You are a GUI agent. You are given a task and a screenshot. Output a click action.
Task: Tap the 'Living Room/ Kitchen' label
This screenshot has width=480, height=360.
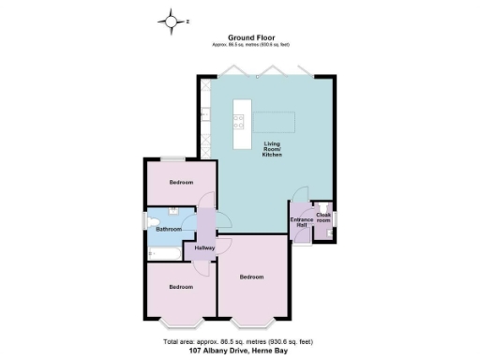[x=272, y=148]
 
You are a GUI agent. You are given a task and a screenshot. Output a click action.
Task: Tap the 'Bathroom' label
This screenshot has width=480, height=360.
[x=169, y=229]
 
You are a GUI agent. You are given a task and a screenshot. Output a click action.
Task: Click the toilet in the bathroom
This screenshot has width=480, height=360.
[x=153, y=221]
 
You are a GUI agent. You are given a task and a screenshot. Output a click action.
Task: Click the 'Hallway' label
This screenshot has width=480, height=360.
[x=204, y=248]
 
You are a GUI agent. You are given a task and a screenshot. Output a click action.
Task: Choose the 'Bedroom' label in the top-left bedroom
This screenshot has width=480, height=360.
[x=180, y=182]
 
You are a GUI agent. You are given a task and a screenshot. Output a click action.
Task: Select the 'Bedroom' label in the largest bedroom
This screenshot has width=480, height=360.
[x=251, y=277]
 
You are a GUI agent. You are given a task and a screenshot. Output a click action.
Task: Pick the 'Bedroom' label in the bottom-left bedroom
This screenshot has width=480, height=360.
[x=180, y=286]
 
